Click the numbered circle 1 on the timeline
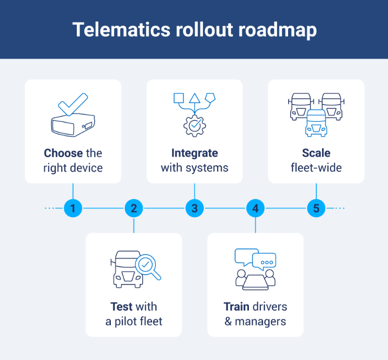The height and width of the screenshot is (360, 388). tap(73, 208)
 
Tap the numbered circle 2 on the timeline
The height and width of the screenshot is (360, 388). tap(134, 208)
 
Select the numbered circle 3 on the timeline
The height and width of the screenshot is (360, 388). tap(195, 208)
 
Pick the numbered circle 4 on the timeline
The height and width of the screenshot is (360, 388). tap(255, 208)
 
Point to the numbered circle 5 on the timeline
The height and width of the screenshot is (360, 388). tap(316, 208)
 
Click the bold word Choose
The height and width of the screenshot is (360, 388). tap(63, 153)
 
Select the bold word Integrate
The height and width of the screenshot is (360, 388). tap(195, 153)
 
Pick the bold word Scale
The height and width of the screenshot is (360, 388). tap(316, 153)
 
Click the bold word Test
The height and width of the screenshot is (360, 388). tap(120, 306)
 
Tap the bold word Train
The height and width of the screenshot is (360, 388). tap(236, 306)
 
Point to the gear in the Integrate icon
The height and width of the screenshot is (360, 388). tap(194, 126)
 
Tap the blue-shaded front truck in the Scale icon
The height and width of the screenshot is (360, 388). tap(316, 123)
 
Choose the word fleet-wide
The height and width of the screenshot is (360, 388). tap(316, 168)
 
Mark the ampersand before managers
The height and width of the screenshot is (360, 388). tap(228, 321)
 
